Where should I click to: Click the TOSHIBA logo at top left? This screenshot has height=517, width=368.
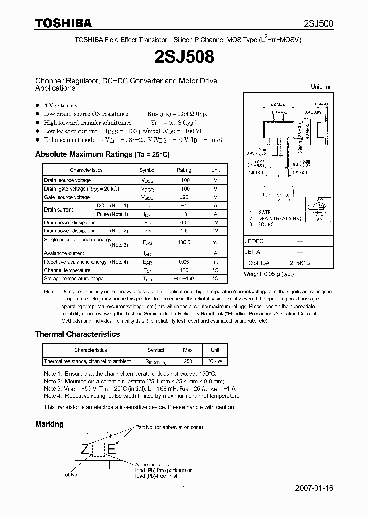click(x=63, y=23)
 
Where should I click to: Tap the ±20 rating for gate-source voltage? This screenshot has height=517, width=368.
click(x=183, y=197)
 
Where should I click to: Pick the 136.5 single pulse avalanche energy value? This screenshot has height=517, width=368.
click(x=183, y=243)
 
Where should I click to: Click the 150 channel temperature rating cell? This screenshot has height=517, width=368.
click(x=183, y=270)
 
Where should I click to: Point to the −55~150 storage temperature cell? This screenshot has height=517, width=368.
click(x=183, y=279)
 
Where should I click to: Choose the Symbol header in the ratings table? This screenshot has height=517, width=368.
click(x=148, y=170)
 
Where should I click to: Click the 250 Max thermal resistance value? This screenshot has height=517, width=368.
click(x=187, y=361)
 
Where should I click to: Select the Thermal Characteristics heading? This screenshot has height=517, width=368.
click(x=77, y=334)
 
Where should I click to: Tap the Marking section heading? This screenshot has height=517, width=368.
click(x=50, y=424)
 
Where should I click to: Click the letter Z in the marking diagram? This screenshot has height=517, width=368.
click(x=84, y=450)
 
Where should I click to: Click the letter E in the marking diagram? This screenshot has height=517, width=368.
click(x=111, y=450)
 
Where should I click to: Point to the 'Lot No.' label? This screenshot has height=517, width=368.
click(x=71, y=475)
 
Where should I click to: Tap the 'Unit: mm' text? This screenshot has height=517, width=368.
click(x=322, y=87)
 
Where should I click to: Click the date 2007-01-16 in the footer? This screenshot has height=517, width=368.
click(x=314, y=488)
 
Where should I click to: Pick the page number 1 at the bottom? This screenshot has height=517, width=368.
click(x=184, y=488)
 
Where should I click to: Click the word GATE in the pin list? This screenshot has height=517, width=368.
click(x=264, y=212)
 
